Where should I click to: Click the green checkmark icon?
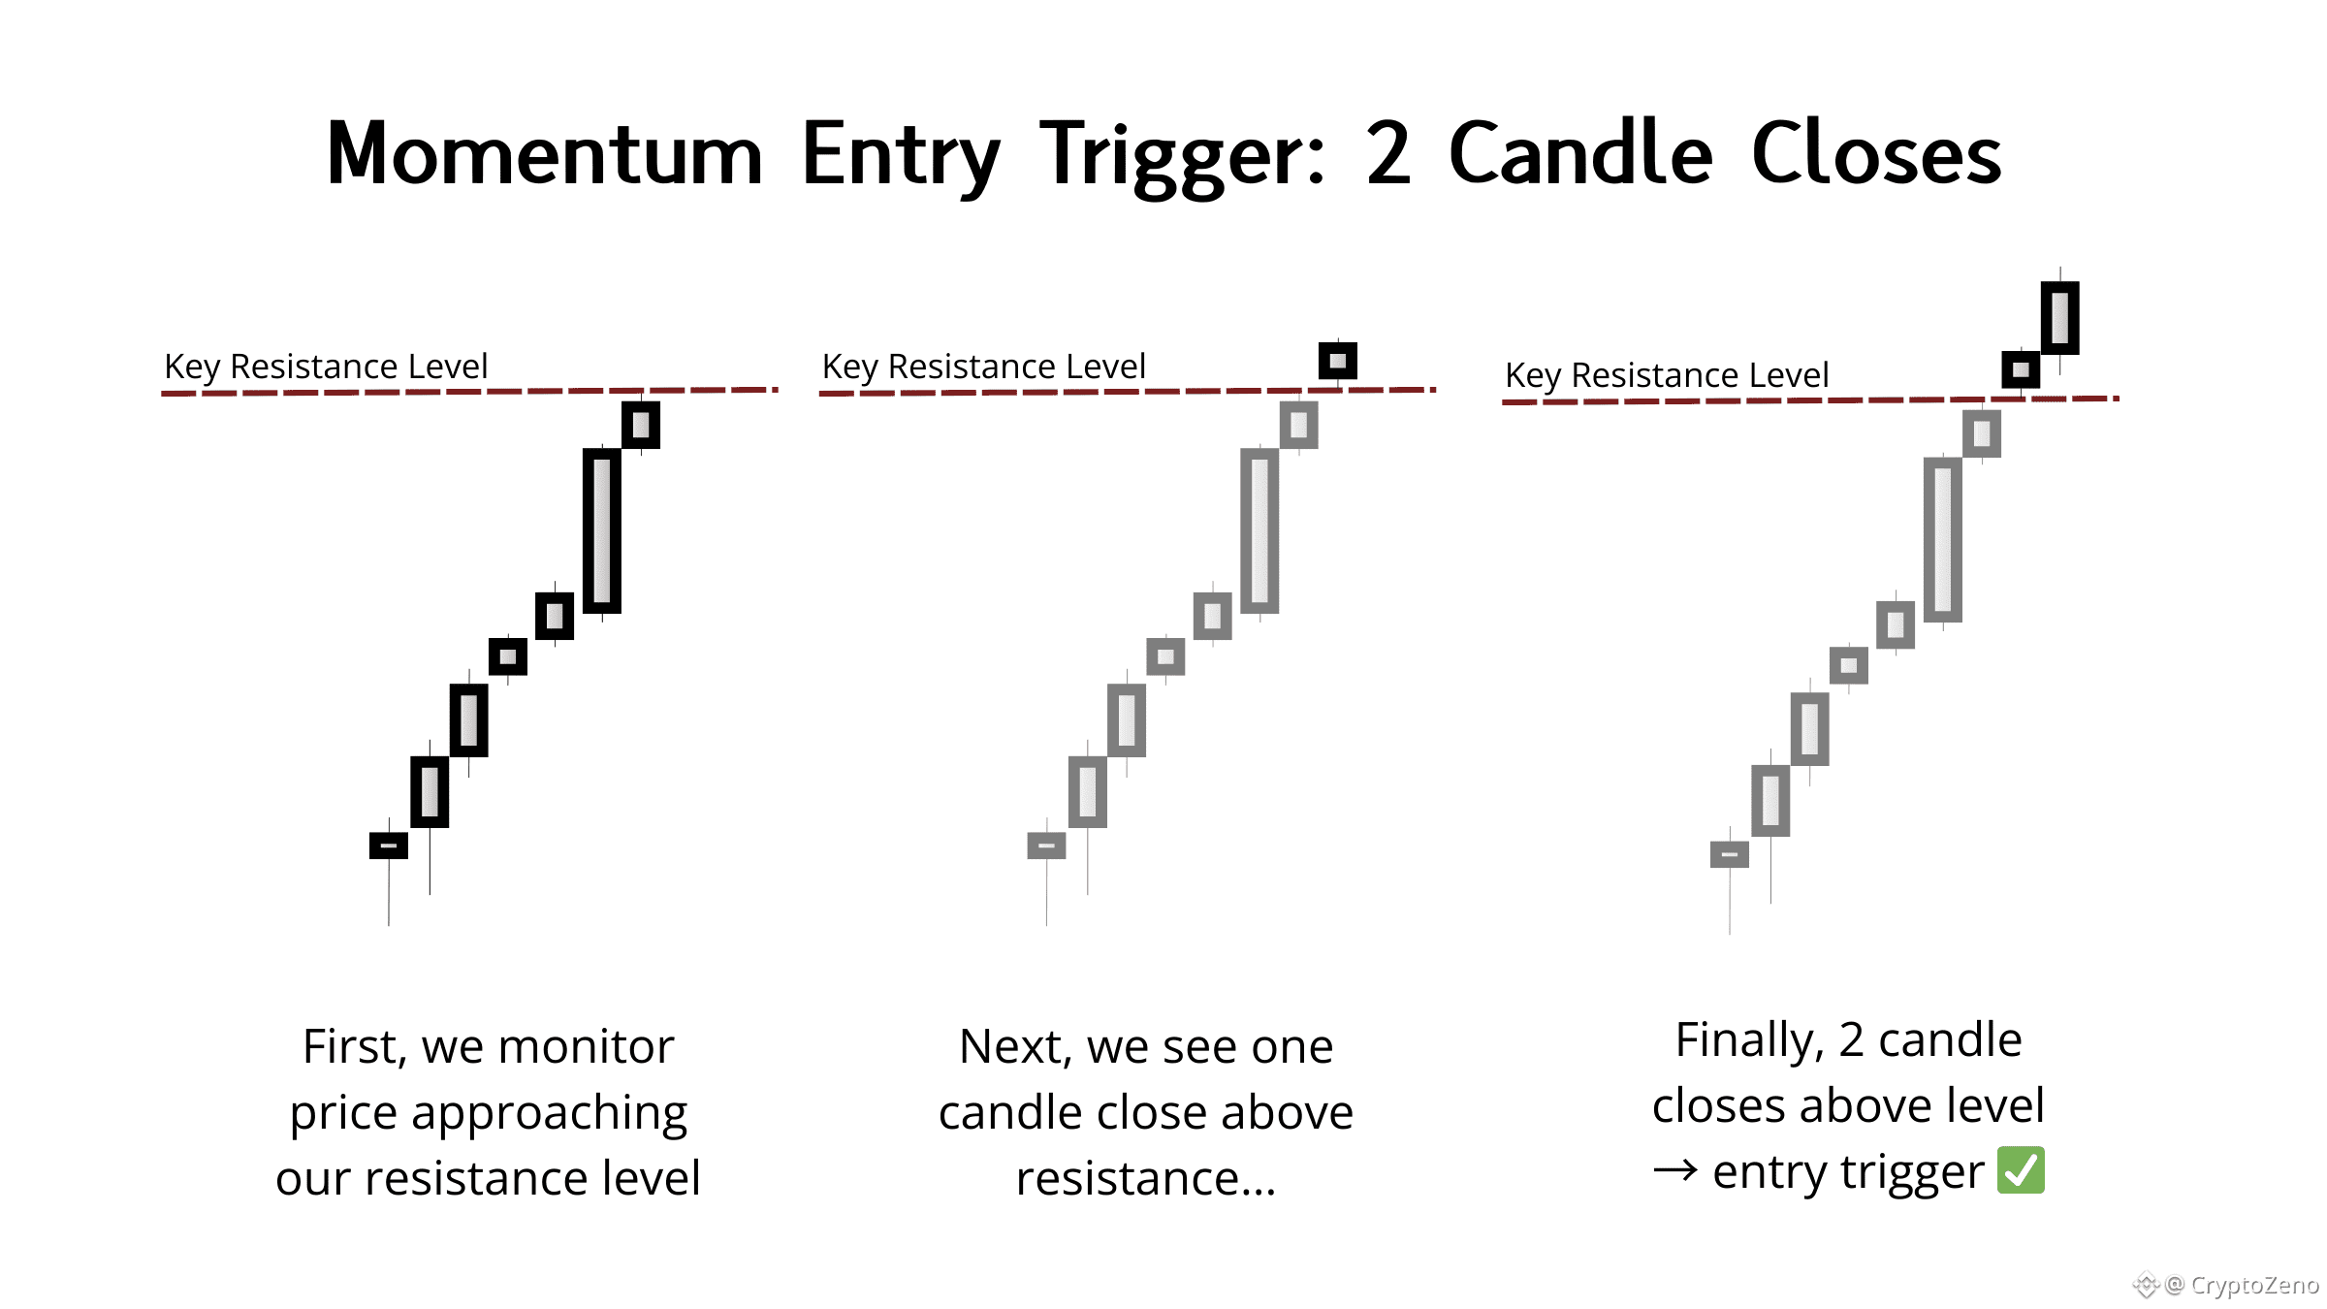(2021, 1170)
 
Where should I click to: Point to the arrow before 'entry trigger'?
(1675, 1171)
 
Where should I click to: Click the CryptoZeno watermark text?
(2254, 1285)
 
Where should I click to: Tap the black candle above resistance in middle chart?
(1338, 361)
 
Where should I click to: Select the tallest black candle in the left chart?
(602, 530)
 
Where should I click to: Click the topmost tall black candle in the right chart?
(2060, 317)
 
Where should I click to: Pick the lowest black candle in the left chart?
(389, 846)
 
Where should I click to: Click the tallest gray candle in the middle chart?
(1259, 530)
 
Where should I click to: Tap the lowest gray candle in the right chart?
(1730, 854)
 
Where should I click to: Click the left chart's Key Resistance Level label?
(326, 367)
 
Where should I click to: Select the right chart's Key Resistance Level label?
(1667, 375)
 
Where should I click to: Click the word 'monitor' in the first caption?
(586, 1047)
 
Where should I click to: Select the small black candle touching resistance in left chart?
(641, 425)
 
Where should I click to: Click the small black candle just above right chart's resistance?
(2021, 369)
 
